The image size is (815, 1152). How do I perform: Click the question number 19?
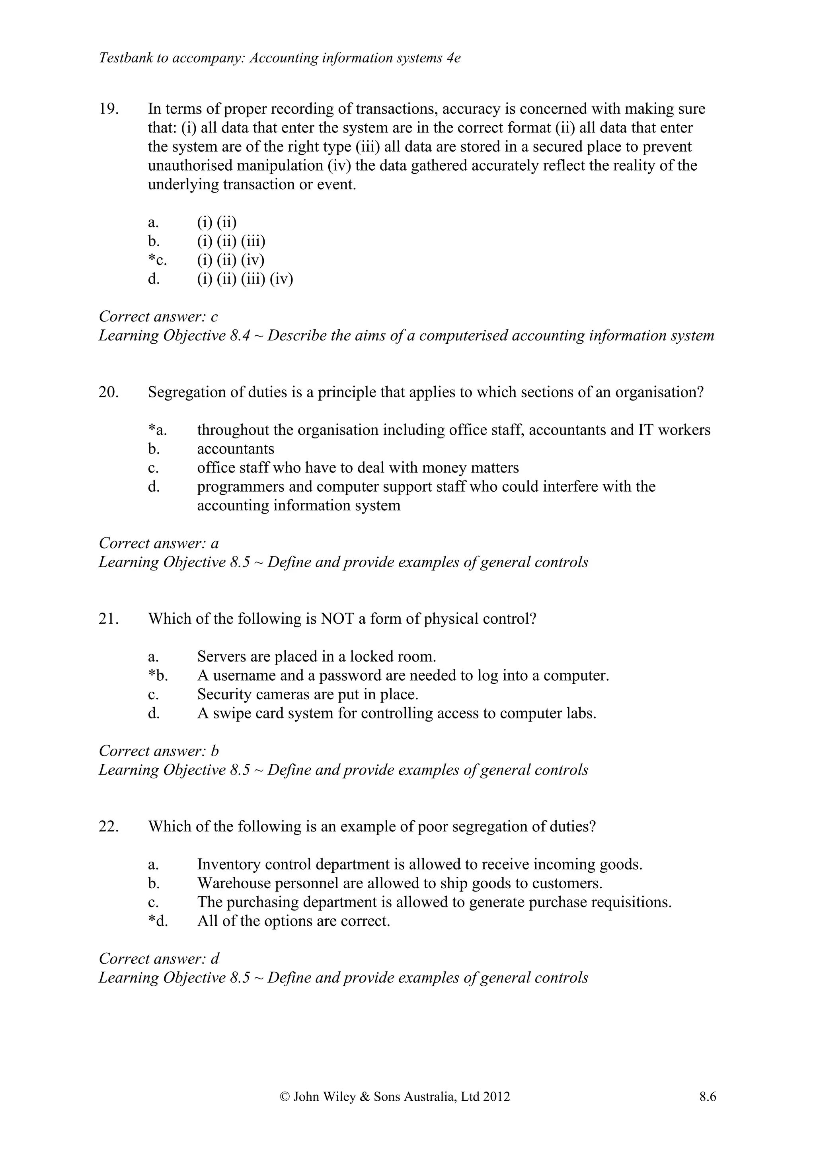click(108, 109)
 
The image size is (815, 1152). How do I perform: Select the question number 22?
click(108, 826)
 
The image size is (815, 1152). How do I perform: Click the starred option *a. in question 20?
click(157, 430)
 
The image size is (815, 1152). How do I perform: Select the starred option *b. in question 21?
click(158, 675)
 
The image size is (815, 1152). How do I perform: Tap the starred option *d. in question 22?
click(158, 921)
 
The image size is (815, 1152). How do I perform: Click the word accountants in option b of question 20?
click(235, 449)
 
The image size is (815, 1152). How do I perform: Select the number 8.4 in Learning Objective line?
click(240, 336)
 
